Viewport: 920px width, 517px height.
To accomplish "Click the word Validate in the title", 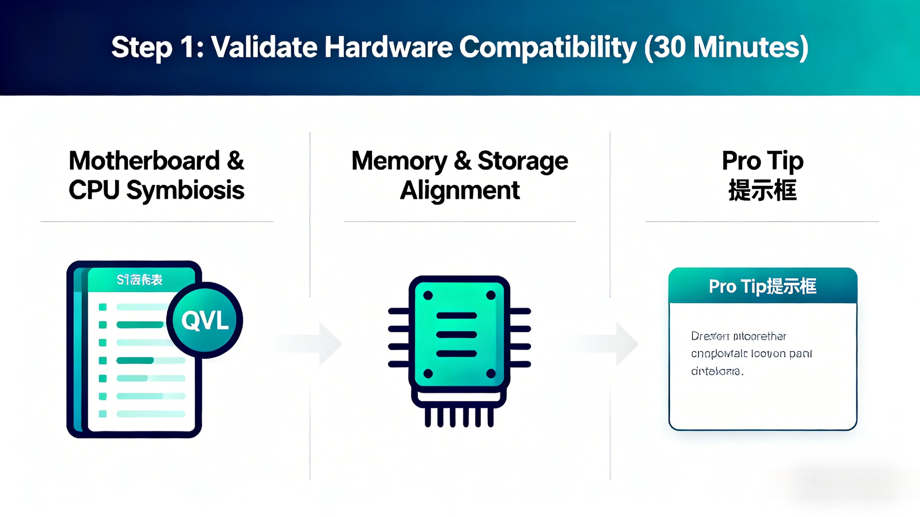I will [x=265, y=47].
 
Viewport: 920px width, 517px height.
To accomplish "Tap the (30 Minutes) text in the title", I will [x=727, y=47].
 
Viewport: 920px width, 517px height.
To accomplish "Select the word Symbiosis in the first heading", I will [x=185, y=190].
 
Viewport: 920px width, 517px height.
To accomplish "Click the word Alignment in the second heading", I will [x=460, y=190].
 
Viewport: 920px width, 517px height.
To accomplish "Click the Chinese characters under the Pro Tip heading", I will [x=763, y=190].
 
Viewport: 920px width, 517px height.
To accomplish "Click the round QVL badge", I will [x=205, y=320].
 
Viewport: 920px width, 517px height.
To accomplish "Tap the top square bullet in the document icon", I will [x=102, y=307].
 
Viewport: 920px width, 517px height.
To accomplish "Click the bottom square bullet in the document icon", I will [x=102, y=414].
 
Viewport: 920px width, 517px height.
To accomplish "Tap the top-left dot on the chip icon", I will [x=428, y=295].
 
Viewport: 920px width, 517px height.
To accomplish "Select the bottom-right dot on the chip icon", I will [x=491, y=374].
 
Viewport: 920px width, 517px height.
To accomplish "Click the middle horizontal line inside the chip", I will [x=456, y=334].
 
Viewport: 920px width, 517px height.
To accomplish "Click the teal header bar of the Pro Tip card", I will [x=763, y=286].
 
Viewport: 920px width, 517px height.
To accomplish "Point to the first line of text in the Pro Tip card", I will [x=739, y=336].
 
